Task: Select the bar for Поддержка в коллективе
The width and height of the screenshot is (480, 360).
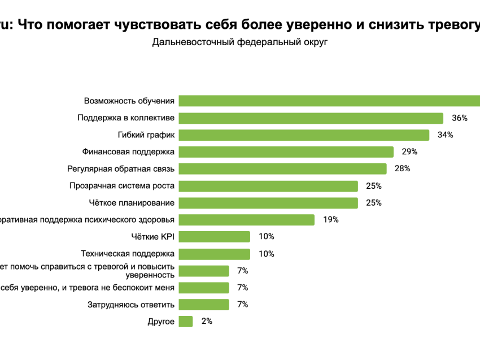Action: coord(311,118)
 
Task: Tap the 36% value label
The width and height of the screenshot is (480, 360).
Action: coord(460,118)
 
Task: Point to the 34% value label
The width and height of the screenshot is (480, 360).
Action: coord(446,135)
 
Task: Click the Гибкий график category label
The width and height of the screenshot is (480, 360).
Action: coord(146,135)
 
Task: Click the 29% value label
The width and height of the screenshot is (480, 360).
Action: coord(409,152)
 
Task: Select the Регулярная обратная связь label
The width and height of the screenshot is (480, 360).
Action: coord(120,169)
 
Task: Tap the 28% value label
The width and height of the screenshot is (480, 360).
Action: coord(403,169)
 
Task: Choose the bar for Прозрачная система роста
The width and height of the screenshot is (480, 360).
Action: coord(268,186)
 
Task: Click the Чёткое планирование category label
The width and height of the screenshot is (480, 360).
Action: coord(132,203)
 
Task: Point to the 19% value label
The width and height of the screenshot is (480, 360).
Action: coord(331,220)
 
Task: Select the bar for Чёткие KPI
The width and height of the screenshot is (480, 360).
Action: coord(215,237)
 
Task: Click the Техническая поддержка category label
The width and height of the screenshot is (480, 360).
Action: coord(128,254)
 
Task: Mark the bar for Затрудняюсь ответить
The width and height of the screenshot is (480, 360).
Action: coord(204,305)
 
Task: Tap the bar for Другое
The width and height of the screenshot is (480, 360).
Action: coord(186,322)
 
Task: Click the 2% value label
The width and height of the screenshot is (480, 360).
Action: coord(207,322)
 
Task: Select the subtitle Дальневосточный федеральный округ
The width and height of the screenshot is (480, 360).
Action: coord(239,42)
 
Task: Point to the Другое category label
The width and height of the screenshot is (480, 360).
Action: coord(161,322)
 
